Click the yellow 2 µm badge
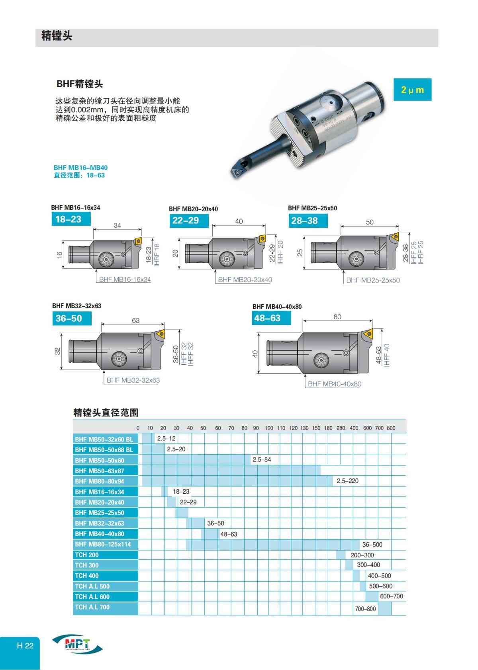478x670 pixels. (x=412, y=90)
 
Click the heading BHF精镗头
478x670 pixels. (x=80, y=84)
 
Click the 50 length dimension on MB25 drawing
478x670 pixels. (x=370, y=222)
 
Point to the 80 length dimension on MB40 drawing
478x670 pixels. (x=337, y=317)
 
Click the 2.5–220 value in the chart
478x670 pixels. (x=347, y=481)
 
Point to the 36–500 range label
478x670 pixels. (x=372, y=544)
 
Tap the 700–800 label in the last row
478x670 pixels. (x=365, y=609)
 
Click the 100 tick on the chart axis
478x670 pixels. (x=269, y=428)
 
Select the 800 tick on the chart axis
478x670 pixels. (x=391, y=428)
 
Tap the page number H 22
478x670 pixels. (x=25, y=646)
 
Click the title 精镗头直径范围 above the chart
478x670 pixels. (x=106, y=413)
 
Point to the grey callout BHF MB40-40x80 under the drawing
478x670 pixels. (x=335, y=384)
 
